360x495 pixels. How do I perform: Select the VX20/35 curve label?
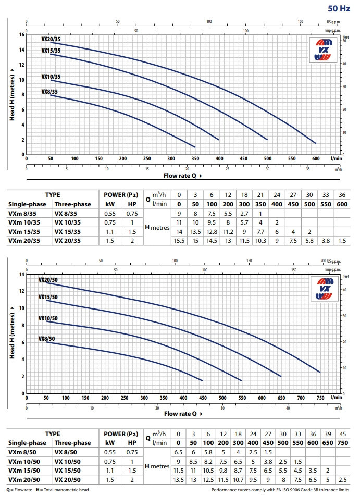click(51, 40)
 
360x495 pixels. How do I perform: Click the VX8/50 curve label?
click(46, 339)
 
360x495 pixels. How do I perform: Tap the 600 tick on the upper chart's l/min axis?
click(315, 159)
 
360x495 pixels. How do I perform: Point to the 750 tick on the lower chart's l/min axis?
click(319, 398)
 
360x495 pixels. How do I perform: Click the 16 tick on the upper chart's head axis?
click(21, 35)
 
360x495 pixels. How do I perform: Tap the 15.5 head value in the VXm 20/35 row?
click(179, 240)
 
